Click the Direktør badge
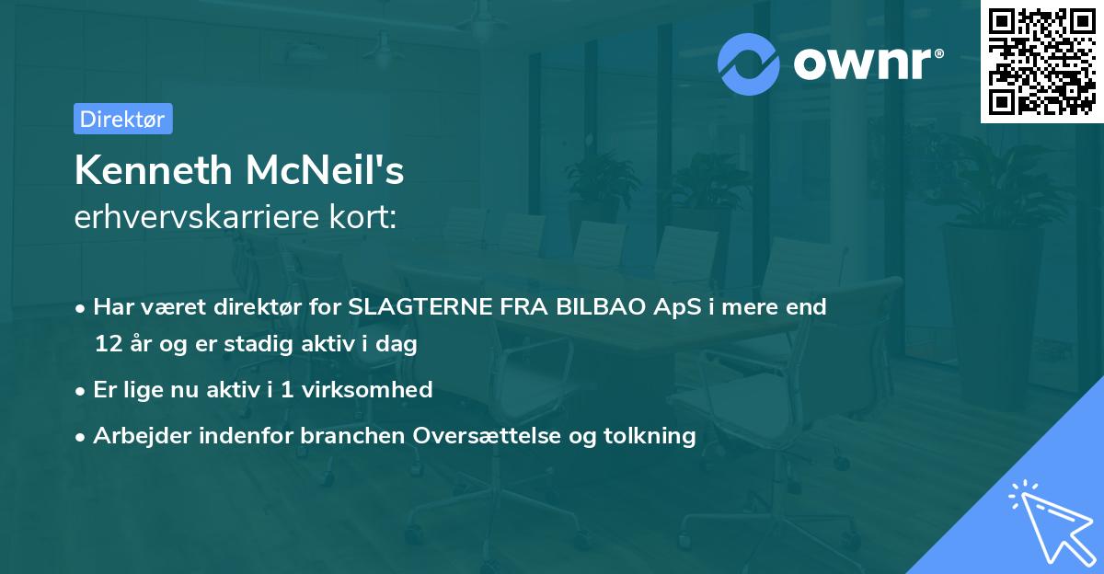pos(122,119)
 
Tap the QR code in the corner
pos(1041,61)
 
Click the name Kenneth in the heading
pos(152,171)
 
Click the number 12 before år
pos(107,345)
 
